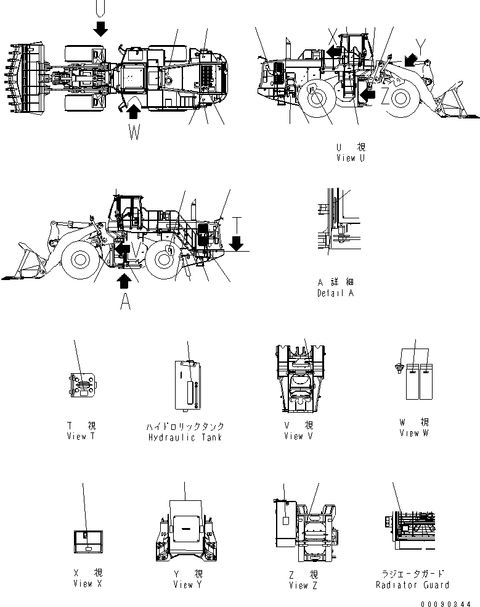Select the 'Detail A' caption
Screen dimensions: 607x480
pyautogui.click(x=335, y=293)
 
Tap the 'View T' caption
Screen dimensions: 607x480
pyautogui.click(x=81, y=436)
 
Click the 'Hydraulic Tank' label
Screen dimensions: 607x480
pyautogui.click(x=185, y=437)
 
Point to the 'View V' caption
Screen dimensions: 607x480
pyautogui.click(x=298, y=436)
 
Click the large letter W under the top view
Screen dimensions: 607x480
pyautogui.click(x=134, y=132)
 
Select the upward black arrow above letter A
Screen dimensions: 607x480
pyautogui.click(x=124, y=281)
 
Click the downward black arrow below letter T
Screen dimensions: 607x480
pyautogui.click(x=235, y=246)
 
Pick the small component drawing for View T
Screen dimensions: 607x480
pyautogui.click(x=82, y=386)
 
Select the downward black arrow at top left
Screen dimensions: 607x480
pyautogui.click(x=100, y=28)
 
